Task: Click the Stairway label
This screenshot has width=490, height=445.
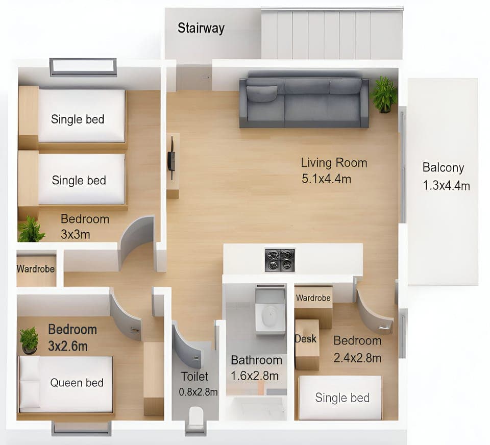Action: tap(201, 28)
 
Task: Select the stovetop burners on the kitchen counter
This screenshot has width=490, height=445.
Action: tap(280, 260)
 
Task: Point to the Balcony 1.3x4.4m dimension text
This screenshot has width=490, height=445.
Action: tap(446, 186)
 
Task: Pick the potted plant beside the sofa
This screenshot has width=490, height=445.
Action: tap(384, 94)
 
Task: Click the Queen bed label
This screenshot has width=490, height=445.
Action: tap(77, 383)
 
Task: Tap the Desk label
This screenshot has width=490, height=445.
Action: tap(305, 338)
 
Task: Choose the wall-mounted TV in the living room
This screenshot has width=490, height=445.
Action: tap(172, 160)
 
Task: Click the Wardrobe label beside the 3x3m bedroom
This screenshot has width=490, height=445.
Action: tap(36, 269)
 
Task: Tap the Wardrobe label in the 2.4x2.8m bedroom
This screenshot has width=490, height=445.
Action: tap(313, 298)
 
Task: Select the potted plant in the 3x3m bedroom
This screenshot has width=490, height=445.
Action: tap(31, 230)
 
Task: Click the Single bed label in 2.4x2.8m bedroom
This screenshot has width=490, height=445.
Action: tap(342, 398)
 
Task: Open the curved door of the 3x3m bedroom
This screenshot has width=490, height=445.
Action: tap(137, 240)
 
